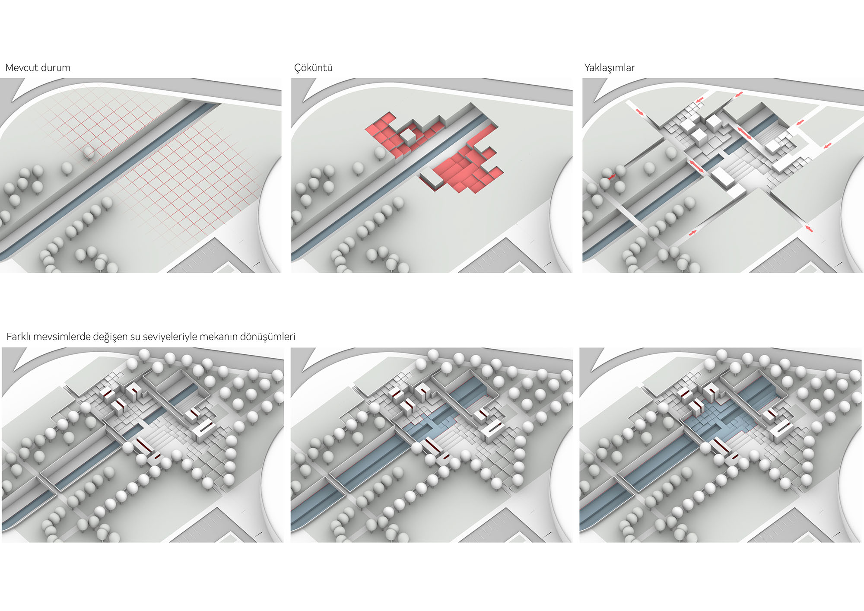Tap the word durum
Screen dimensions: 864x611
pyautogui.click(x=57, y=68)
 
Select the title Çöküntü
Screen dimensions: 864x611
pyautogui.click(x=313, y=68)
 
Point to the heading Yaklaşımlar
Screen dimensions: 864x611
pyautogui.click(x=610, y=68)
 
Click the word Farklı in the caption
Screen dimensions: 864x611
pyautogui.click(x=19, y=337)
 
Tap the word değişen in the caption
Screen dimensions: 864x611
pyautogui.click(x=110, y=337)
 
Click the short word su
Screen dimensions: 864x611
pyautogui.click(x=135, y=337)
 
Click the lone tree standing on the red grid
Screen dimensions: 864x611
pyautogui.click(x=89, y=153)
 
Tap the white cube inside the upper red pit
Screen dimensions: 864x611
pyautogui.click(x=408, y=138)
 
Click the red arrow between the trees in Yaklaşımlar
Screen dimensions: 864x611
pyautogui.click(x=611, y=176)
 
